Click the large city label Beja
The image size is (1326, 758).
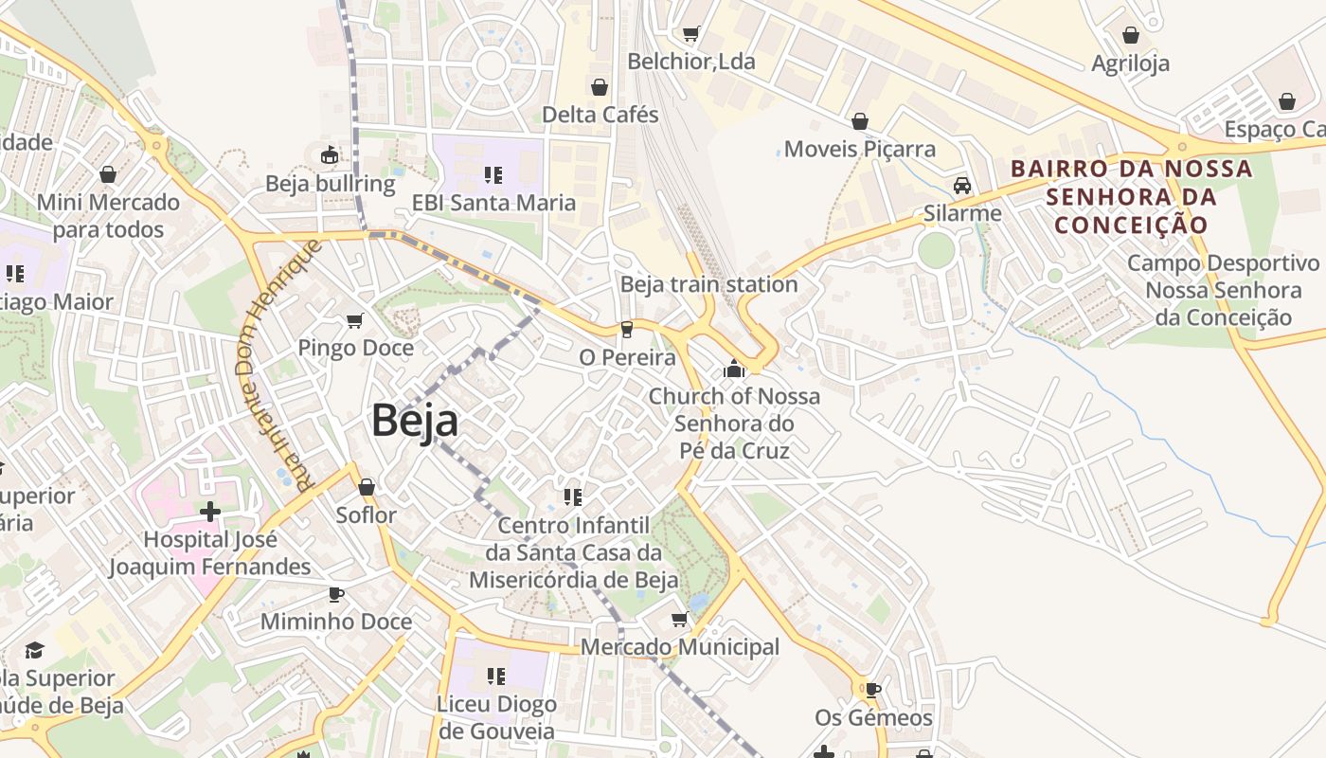pyautogui.click(x=415, y=420)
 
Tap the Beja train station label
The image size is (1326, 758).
pyautogui.click(x=708, y=284)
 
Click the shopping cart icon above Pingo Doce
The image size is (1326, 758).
pyautogui.click(x=355, y=321)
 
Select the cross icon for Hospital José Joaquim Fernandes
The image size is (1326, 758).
pyautogui.click(x=209, y=512)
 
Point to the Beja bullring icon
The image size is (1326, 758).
pyautogui.click(x=330, y=154)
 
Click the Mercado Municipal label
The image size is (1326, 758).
pyautogui.click(x=679, y=647)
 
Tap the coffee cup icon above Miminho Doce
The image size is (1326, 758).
pyautogui.click(x=335, y=594)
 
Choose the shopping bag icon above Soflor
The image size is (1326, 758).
pyautogui.click(x=367, y=487)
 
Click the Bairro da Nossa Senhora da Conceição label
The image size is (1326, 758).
pyautogui.click(x=1131, y=197)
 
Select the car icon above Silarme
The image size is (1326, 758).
pyautogui.click(x=962, y=186)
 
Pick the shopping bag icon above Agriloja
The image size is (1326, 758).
pyautogui.click(x=1130, y=36)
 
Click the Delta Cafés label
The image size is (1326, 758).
pyautogui.click(x=600, y=115)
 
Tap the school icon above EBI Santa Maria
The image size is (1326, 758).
pyautogui.click(x=493, y=174)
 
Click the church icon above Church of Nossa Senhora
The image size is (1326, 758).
pyautogui.click(x=734, y=369)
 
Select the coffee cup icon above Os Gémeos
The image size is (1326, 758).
pyautogui.click(x=873, y=690)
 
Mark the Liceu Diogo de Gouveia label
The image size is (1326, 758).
pyautogui.click(x=495, y=717)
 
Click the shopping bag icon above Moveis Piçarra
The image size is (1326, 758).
pyautogui.click(x=859, y=121)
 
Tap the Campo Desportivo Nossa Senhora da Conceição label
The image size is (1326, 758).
pyautogui.click(x=1222, y=290)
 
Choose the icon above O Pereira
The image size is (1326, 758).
pyautogui.click(x=626, y=330)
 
